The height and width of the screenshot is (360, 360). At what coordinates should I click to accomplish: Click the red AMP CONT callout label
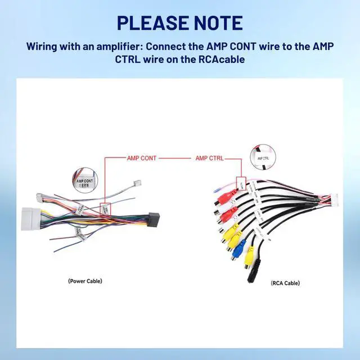[141, 159]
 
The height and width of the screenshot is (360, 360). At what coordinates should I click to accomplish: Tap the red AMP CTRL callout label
[209, 159]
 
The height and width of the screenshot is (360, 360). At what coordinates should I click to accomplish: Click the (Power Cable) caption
[85, 281]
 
